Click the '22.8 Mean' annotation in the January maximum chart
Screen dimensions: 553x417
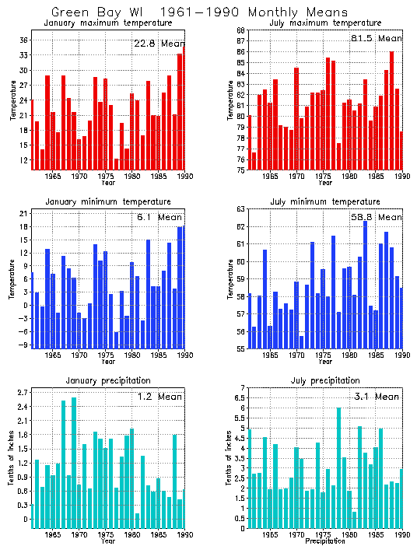(159, 44)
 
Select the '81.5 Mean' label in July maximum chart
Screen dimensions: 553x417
(377, 38)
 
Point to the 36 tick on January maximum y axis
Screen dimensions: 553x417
(23, 40)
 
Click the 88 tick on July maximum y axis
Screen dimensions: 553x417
(241, 30)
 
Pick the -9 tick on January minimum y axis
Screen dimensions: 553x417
(23, 344)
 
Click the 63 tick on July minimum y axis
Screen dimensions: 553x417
(241, 209)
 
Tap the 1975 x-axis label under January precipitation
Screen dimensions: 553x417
(105, 535)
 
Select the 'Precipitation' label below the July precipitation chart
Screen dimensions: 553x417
(324, 541)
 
